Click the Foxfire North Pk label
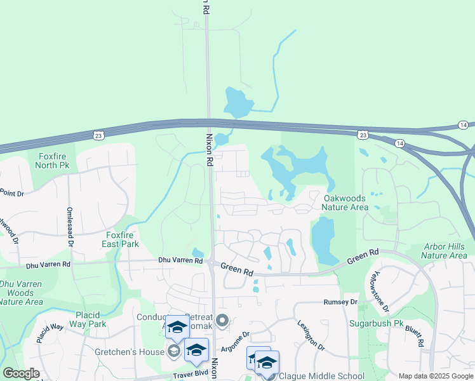[54, 160]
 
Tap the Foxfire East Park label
[121, 239]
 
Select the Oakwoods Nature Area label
[345, 203]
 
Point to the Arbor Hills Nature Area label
[444, 251]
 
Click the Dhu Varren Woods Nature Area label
[21, 293]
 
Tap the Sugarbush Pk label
[377, 323]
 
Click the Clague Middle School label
[322, 376]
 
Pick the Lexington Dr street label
[311, 335]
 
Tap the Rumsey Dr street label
[341, 302]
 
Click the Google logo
[21, 373]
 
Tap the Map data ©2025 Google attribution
[436, 376]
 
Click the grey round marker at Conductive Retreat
[222, 321]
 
